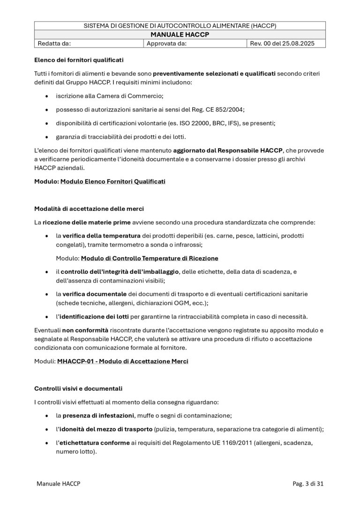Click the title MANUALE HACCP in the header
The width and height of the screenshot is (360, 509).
tap(180, 35)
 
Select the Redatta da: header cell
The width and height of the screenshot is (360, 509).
tap(54, 44)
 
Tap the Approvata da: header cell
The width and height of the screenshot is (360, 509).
tap(167, 44)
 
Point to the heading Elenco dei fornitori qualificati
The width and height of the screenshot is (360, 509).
tap(79, 60)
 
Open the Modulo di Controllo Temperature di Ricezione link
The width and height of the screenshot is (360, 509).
tap(150, 258)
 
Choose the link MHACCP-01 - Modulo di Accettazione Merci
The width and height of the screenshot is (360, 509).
tap(122, 361)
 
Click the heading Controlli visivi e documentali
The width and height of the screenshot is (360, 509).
tap(78, 389)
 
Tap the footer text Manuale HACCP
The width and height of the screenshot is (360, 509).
tap(58, 484)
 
